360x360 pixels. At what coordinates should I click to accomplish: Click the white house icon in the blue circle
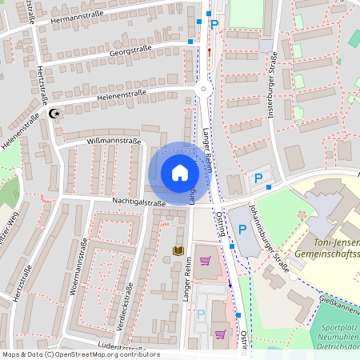click(180, 173)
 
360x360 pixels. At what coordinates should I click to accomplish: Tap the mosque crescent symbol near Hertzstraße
click(54, 114)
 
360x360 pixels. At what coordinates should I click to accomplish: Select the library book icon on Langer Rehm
click(178, 251)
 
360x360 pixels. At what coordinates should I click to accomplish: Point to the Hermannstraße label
click(75, 17)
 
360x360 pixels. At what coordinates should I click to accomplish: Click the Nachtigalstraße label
click(138, 203)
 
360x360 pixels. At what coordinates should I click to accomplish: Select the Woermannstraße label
click(78, 269)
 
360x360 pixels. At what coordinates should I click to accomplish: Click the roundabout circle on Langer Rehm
click(204, 90)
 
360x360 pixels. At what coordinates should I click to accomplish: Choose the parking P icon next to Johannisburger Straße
click(242, 230)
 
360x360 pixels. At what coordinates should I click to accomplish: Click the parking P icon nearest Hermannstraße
click(214, 25)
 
